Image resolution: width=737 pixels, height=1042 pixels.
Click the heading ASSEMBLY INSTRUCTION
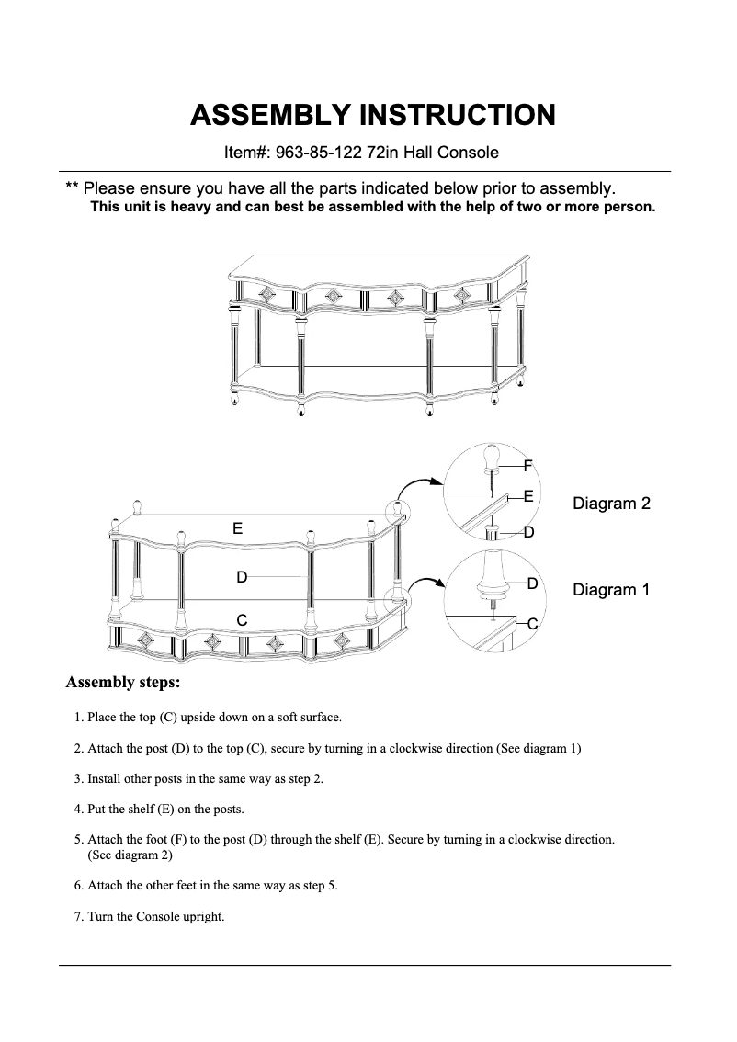coord(372,116)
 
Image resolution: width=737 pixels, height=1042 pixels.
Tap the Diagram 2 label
coord(611,504)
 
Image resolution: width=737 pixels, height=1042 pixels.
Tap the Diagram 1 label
coord(611,590)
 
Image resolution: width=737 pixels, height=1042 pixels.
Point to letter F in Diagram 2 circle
coord(527,466)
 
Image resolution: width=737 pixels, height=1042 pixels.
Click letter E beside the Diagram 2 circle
coord(528,495)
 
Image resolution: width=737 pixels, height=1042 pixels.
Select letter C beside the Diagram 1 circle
coord(532,624)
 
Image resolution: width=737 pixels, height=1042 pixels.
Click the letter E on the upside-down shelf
coord(237,528)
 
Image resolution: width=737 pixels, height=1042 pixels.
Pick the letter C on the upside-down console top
coord(241,620)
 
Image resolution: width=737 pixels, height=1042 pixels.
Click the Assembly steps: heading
coord(123,683)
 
